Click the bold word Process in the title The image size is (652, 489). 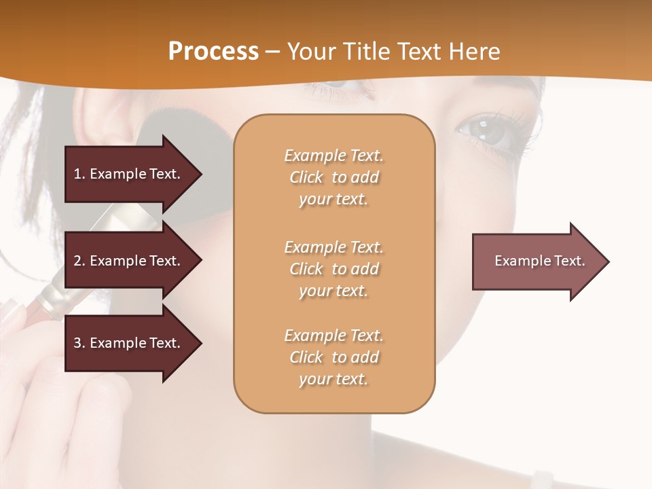[x=213, y=52]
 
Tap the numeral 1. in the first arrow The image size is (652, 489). [x=79, y=174]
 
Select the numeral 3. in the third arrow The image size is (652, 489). [x=79, y=343]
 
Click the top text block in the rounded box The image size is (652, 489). [x=333, y=177]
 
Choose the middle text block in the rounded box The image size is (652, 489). [x=333, y=269]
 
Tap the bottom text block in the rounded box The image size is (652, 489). [x=333, y=357]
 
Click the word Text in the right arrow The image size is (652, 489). [x=569, y=261]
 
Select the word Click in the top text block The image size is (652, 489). [x=306, y=177]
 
